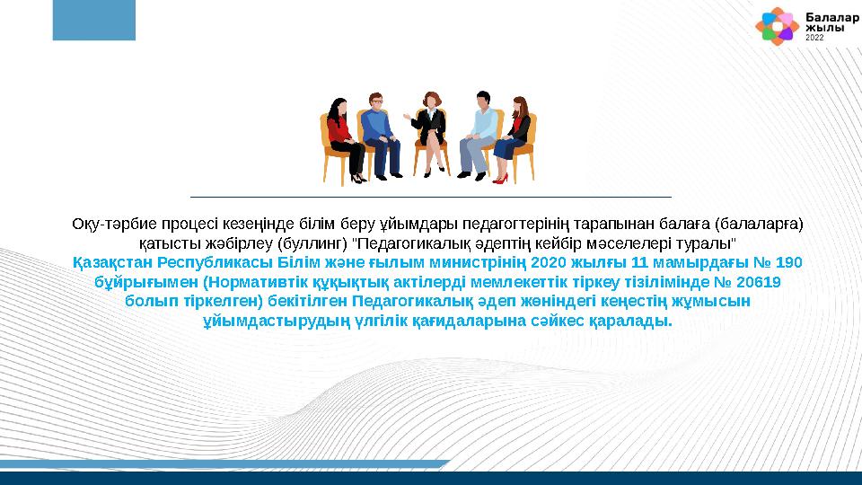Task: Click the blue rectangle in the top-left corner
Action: [93, 20]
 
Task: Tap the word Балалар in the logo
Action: [824, 17]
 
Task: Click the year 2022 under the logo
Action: [814, 40]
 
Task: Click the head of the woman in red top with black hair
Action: [339, 105]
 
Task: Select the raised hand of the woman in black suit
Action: [409, 115]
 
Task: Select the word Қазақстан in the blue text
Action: [111, 263]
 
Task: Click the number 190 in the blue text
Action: [787, 263]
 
